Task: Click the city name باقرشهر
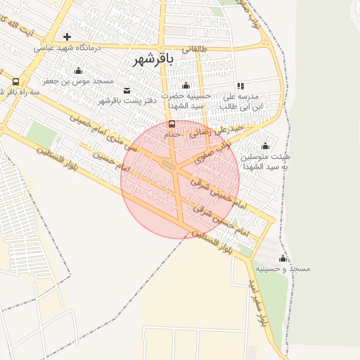pos(153,60)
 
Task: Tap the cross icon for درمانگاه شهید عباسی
pos(67,37)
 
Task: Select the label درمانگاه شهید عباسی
pos(67,49)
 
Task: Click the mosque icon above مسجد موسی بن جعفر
pos(77,71)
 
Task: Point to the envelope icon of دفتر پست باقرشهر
pos(127,90)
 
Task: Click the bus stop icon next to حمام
pos(172,124)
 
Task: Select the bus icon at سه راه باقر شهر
pos(15,82)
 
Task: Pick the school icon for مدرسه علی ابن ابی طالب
pos(240,86)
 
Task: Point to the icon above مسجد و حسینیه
pos(283,258)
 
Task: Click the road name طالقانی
pos(195,49)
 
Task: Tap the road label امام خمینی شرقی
pos(219,195)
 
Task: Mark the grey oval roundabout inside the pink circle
pos(169,165)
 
